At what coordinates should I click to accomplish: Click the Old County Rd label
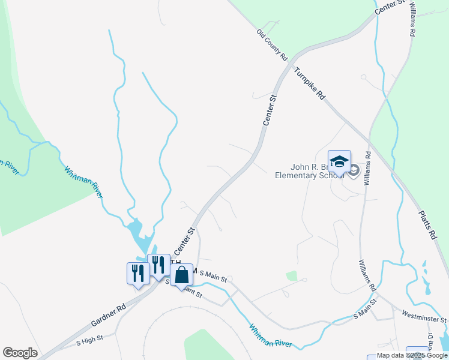coord(273,44)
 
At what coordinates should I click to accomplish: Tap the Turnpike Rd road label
coord(310,83)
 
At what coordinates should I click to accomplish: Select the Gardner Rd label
coord(109,316)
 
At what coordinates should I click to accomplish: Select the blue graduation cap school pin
coord(339,161)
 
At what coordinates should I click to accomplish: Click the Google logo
coord(20,353)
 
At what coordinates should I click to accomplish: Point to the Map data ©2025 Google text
coord(412,356)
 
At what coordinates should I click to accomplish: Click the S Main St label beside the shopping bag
coord(213,276)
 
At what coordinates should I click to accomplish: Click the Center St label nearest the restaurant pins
coord(184,241)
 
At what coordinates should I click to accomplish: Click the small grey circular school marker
coord(354,171)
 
